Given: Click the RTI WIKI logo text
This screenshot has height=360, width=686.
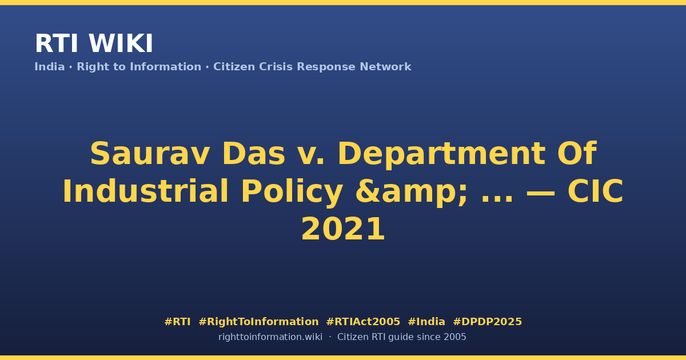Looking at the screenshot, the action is [x=94, y=43].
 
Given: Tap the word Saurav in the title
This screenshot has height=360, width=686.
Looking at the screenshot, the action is [x=150, y=154].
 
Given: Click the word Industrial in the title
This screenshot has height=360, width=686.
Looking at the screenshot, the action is [x=145, y=191].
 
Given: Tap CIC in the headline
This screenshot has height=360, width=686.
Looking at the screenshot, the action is [x=595, y=191].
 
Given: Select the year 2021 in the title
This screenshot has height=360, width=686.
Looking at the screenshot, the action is [x=343, y=229].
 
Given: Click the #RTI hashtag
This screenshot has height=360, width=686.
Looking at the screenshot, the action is [x=177, y=322].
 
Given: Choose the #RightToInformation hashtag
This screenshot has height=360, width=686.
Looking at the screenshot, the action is [x=258, y=322].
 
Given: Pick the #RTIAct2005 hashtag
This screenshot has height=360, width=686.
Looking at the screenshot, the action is [x=363, y=322].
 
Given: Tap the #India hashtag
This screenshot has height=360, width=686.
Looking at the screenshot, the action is [x=426, y=322].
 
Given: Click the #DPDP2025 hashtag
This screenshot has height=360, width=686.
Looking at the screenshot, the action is [x=487, y=322].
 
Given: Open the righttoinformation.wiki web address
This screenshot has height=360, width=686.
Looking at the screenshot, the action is [x=270, y=337].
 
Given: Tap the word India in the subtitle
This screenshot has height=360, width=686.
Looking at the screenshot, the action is [x=50, y=67].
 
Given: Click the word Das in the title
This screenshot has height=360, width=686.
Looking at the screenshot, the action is [x=254, y=154].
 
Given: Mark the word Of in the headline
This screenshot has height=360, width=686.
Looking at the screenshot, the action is [x=577, y=153].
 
